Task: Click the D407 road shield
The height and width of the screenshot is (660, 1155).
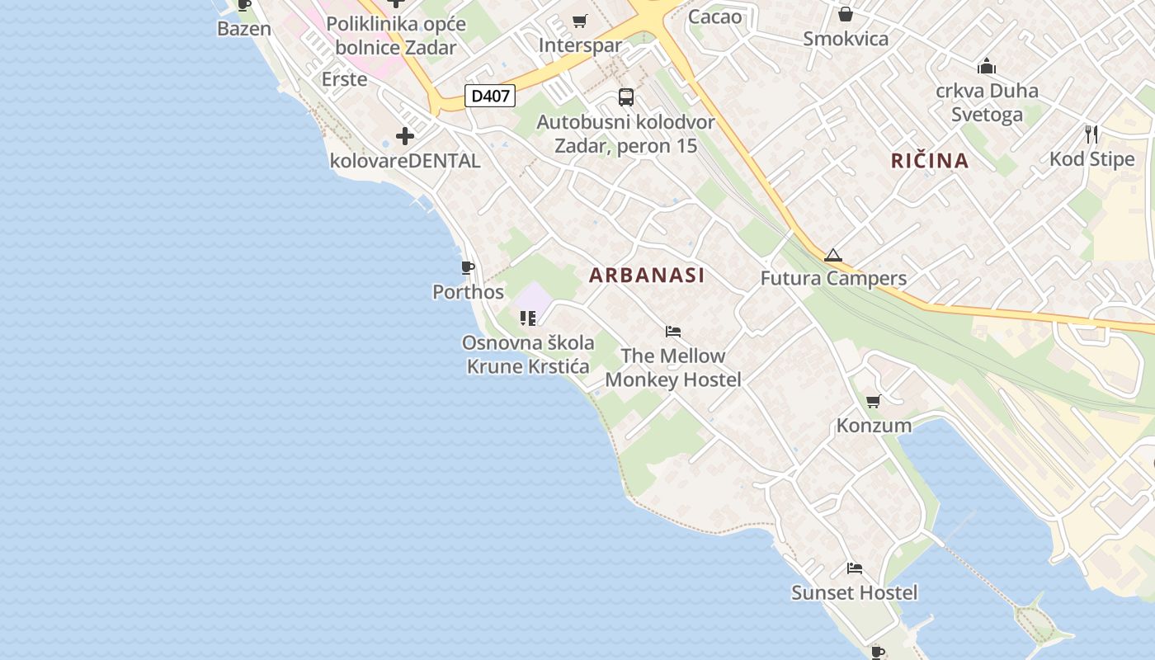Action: [490, 96]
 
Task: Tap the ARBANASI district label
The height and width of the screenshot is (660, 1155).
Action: [647, 276]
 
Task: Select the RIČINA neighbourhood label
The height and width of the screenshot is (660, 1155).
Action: [930, 160]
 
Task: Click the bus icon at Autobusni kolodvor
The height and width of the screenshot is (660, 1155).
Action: [626, 97]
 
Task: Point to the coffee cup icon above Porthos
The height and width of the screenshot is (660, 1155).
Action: [467, 268]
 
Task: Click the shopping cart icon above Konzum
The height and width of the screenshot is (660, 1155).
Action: [874, 402]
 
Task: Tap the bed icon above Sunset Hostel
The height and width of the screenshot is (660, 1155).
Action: [855, 568]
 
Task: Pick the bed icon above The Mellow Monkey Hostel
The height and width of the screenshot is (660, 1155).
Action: [673, 332]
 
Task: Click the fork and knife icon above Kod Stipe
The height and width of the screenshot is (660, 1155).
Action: [1091, 134]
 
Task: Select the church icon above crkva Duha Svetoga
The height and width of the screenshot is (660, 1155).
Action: [987, 66]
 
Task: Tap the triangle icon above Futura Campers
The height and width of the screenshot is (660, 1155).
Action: [832, 255]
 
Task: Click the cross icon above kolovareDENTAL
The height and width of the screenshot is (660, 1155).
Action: [405, 136]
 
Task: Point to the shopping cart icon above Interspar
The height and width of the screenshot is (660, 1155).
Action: [580, 21]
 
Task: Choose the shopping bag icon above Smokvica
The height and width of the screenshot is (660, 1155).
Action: [846, 14]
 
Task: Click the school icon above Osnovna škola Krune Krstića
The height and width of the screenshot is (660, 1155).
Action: [528, 318]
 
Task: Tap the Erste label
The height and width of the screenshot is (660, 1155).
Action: [344, 79]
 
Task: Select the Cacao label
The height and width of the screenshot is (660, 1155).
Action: [714, 16]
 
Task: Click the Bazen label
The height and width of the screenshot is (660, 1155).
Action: [244, 29]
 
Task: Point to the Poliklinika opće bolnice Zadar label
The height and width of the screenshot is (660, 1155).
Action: [396, 35]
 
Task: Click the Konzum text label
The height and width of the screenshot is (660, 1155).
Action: [874, 426]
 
